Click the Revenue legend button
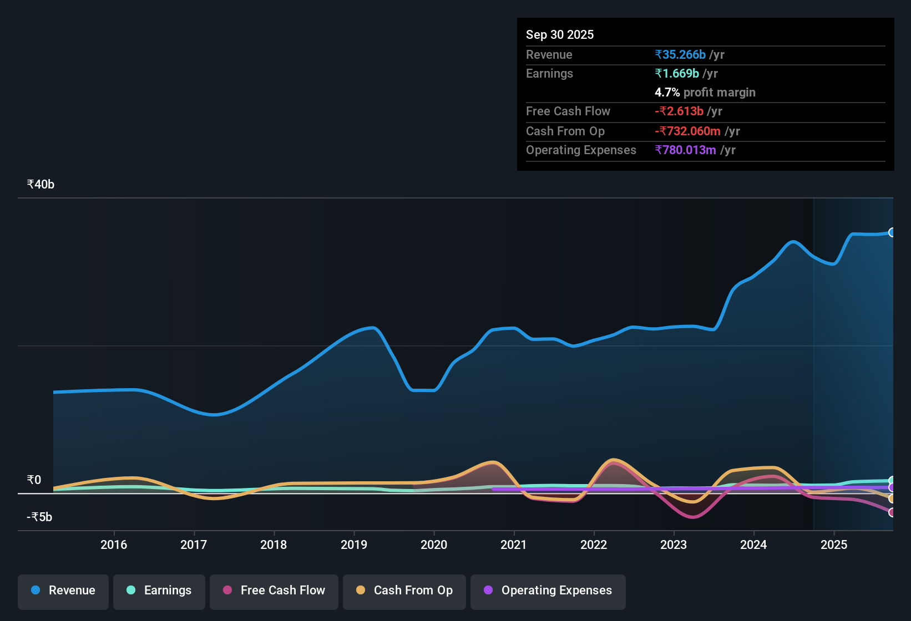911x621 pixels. pyautogui.click(x=63, y=591)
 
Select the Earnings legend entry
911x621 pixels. pyautogui.click(x=159, y=591)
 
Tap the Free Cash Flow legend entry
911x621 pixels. pyautogui.click(x=274, y=591)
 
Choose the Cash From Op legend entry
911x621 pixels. pyautogui.click(x=404, y=591)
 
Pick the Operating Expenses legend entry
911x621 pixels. pyautogui.click(x=548, y=591)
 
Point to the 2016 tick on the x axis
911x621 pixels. pyautogui.click(x=114, y=544)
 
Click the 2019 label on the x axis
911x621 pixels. pyautogui.click(x=354, y=544)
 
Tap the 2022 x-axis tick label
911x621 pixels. pyautogui.click(x=594, y=544)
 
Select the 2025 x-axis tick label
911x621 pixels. pyautogui.click(x=834, y=544)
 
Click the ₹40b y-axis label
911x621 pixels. pyautogui.click(x=41, y=185)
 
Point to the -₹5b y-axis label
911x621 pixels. pyautogui.click(x=40, y=517)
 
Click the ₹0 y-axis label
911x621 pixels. pyautogui.click(x=34, y=480)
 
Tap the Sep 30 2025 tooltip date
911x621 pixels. pyautogui.click(x=560, y=35)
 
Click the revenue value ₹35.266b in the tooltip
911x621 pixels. pyautogui.click(x=680, y=55)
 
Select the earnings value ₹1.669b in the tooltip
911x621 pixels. pyautogui.click(x=677, y=74)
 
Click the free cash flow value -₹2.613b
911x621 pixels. pyautogui.click(x=679, y=111)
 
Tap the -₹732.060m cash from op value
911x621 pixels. pyautogui.click(x=687, y=131)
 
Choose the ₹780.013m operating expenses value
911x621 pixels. pyautogui.click(x=685, y=150)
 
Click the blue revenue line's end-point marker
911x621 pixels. pyautogui.click(x=892, y=232)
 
